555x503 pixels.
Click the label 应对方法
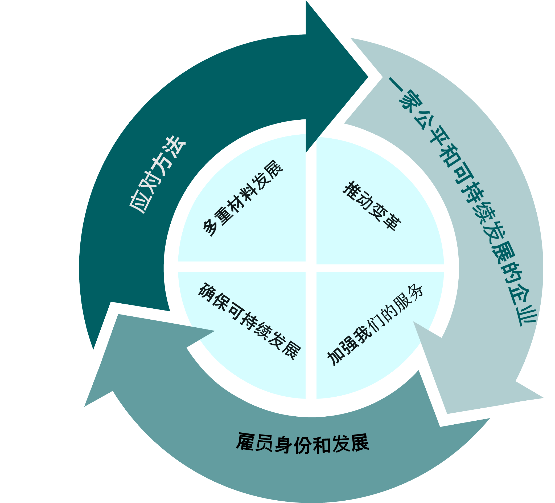pyautogui.click(x=157, y=175)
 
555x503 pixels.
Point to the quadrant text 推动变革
pyautogui.click(x=372, y=206)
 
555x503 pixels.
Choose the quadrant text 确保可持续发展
pyautogui.click(x=249, y=321)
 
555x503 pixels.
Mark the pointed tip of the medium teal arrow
pyautogui.click(x=85, y=406)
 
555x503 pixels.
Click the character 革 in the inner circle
pyautogui.click(x=392, y=222)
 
